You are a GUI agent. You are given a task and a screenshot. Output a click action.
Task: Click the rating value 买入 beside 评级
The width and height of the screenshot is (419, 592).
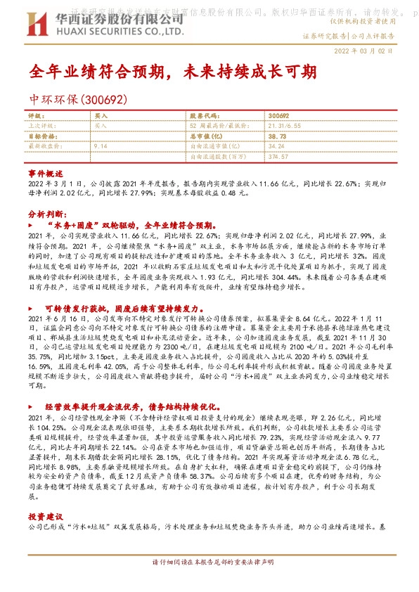[101, 115]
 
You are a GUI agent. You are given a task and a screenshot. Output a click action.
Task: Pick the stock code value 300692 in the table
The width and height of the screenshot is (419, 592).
[278, 115]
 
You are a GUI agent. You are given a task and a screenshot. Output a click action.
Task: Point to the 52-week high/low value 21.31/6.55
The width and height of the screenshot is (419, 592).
[284, 124]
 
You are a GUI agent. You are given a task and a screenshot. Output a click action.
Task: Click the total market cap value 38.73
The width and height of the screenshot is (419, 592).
[277, 136]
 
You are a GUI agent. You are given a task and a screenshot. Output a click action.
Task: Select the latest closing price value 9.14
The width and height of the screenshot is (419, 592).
[101, 146]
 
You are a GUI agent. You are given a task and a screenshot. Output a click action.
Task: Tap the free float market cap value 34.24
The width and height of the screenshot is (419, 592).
[277, 146]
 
